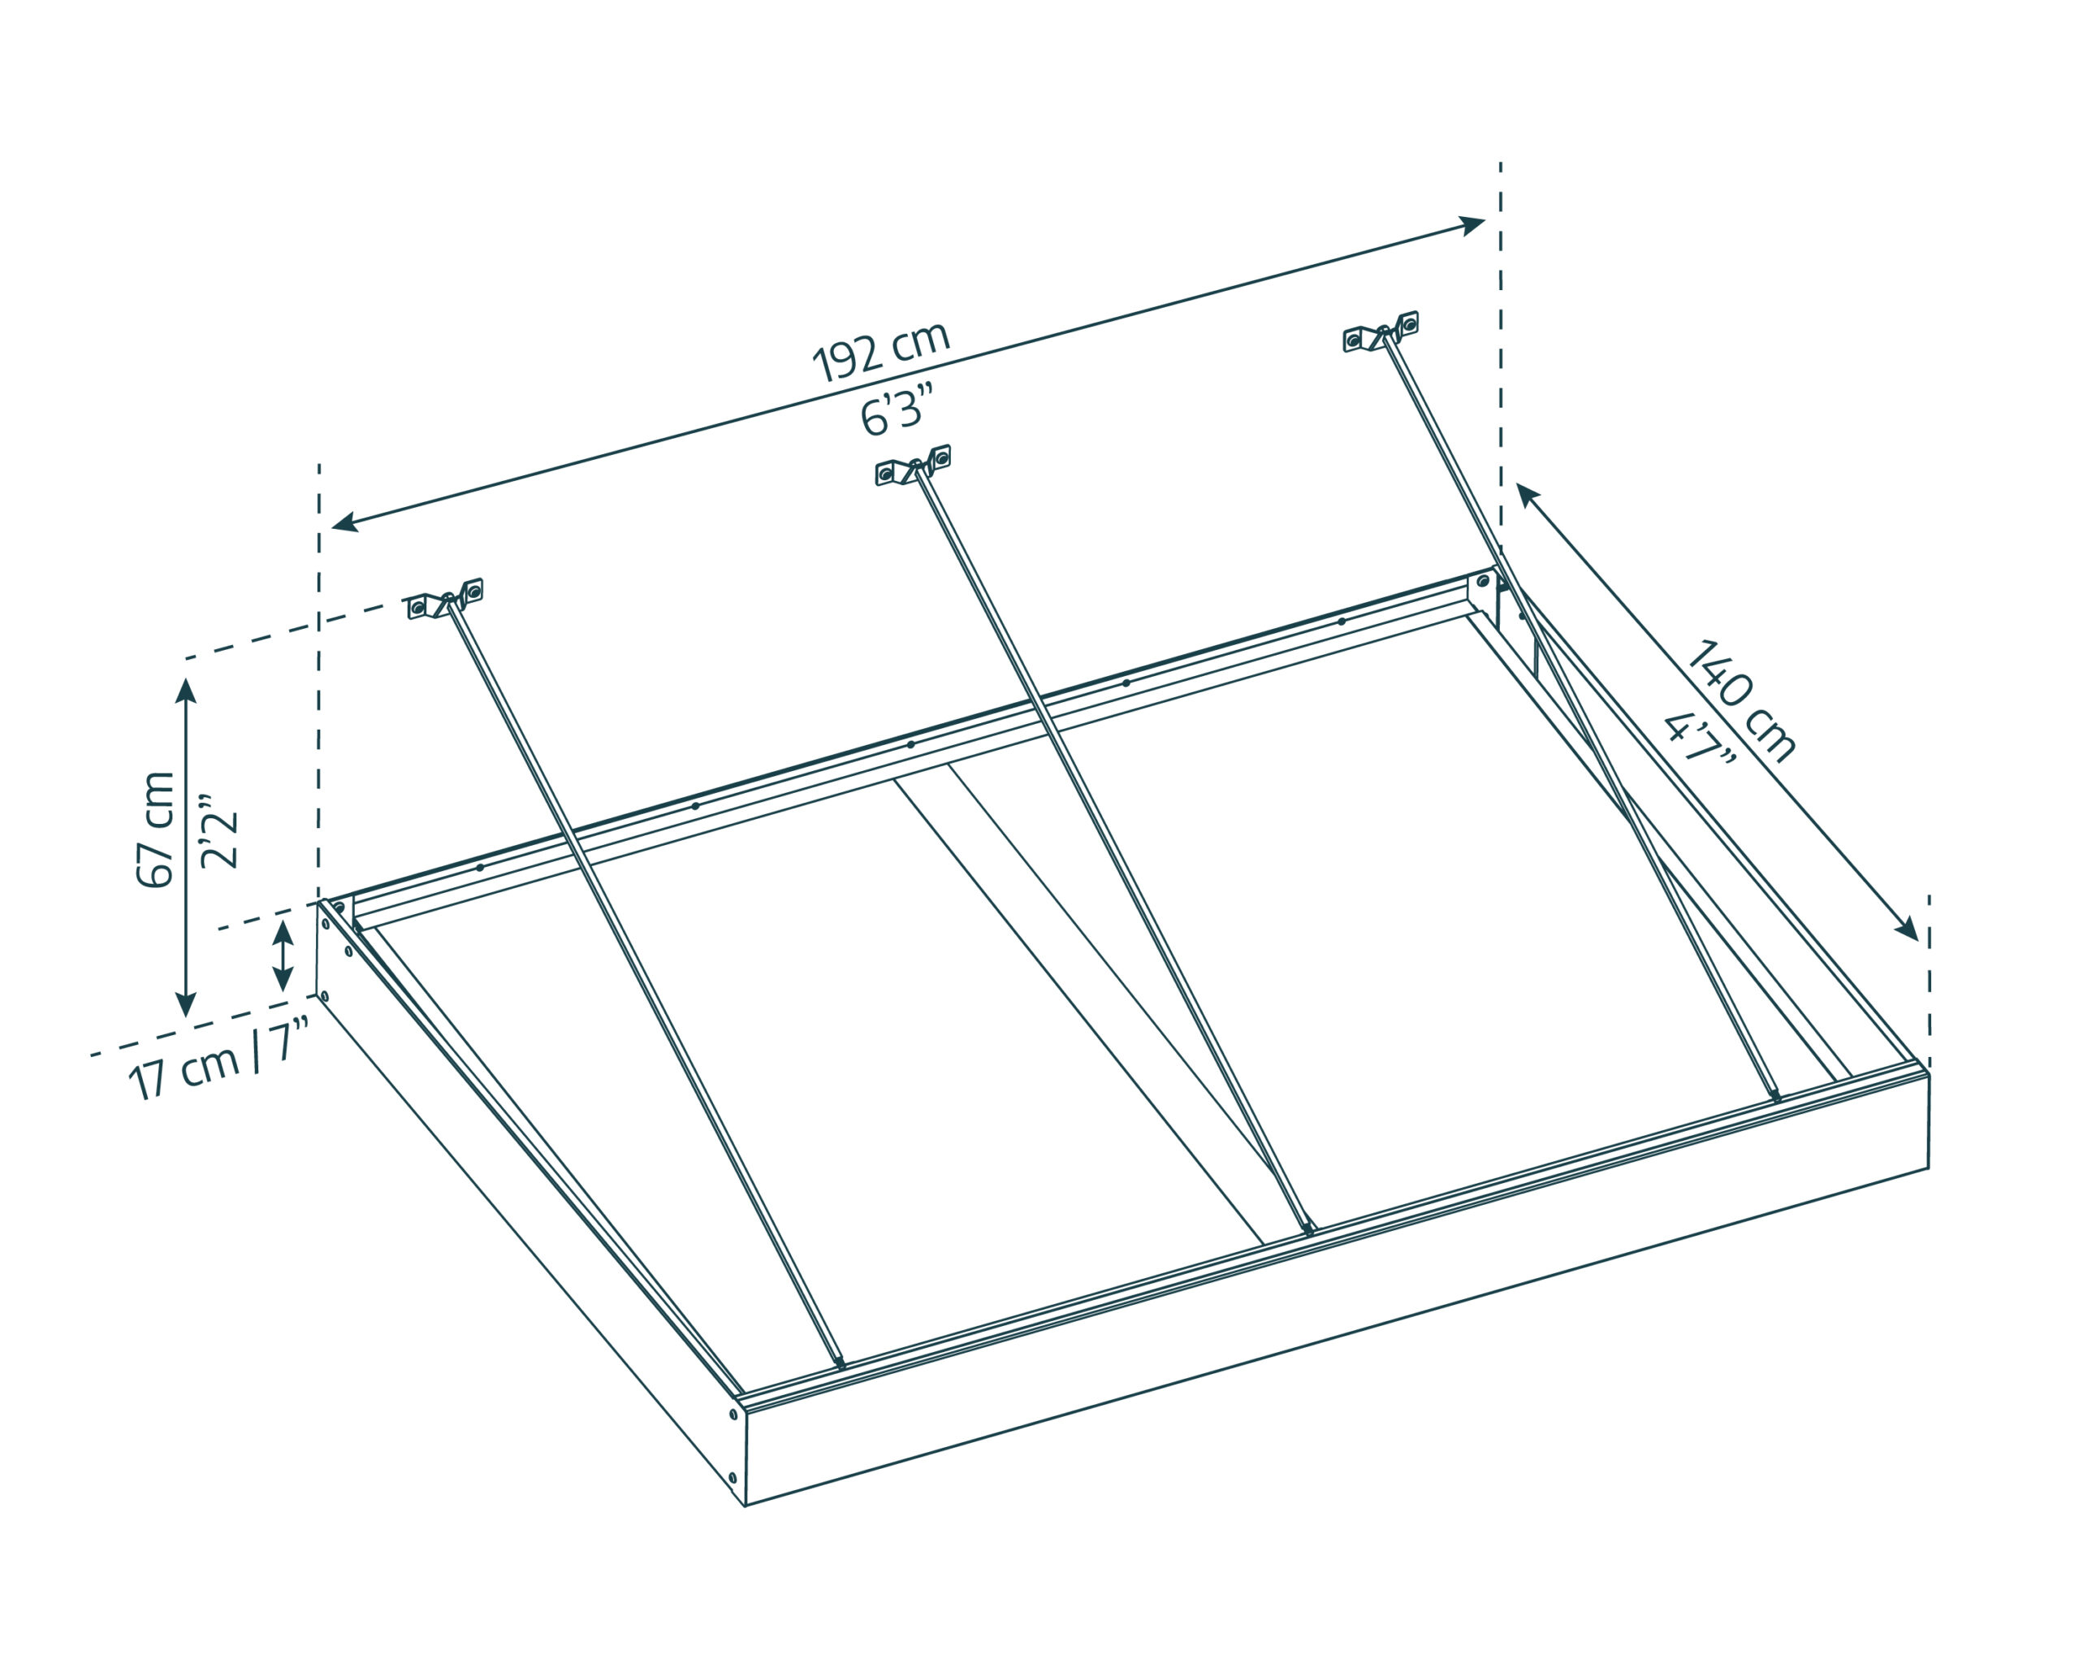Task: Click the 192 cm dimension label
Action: point(881,351)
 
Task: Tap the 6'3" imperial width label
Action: point(897,410)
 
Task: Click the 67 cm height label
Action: point(155,830)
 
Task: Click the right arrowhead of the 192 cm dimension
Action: point(1472,226)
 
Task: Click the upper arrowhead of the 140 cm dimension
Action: point(1528,494)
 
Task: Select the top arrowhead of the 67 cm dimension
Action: point(186,690)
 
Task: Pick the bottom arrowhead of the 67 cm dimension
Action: point(186,1004)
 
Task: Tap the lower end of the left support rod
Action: point(841,1364)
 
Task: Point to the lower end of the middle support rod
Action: point(1308,1230)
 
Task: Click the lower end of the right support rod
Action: point(1776,1096)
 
